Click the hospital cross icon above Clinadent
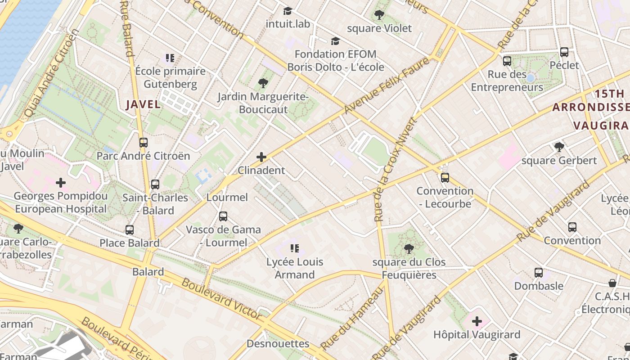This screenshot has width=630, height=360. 261,157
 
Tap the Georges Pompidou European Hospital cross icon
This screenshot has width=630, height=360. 61,183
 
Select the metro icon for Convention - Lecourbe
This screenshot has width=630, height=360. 445,178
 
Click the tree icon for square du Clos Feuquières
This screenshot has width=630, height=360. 409,248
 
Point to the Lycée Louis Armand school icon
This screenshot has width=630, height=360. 295,248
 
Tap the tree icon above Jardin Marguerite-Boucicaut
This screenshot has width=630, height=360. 263,83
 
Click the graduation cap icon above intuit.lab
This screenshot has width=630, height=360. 288,11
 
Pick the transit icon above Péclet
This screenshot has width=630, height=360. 564,52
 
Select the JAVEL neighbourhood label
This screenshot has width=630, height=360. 143,104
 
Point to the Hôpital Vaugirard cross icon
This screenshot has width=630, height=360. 477,321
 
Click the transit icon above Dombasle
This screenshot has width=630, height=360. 539,273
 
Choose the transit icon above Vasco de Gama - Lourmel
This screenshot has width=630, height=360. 223,216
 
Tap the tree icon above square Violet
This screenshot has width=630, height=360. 379,15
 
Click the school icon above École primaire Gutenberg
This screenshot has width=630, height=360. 170,58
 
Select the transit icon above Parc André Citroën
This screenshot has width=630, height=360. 144,143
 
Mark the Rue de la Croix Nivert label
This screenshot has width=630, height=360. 395,170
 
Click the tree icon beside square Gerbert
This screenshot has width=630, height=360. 559,147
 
